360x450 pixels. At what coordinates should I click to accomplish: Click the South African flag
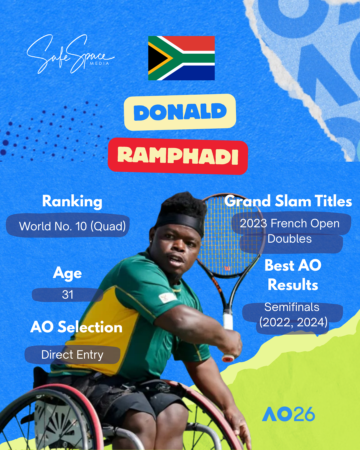pyautogui.click(x=181, y=58)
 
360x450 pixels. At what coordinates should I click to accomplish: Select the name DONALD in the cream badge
pyautogui.click(x=180, y=112)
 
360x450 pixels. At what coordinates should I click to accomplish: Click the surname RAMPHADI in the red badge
pyautogui.click(x=178, y=156)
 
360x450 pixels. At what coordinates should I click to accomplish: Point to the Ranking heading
pyautogui.click(x=72, y=201)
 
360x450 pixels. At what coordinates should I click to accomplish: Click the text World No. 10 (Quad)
pyautogui.click(x=72, y=226)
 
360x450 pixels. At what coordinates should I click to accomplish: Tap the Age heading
pyautogui.click(x=67, y=273)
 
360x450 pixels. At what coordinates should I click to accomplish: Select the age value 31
pyautogui.click(x=68, y=295)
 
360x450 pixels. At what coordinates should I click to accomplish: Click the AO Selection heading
pyautogui.click(x=76, y=327)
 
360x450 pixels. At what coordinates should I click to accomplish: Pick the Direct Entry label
pyautogui.click(x=72, y=355)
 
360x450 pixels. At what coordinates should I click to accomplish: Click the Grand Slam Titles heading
pyautogui.click(x=288, y=201)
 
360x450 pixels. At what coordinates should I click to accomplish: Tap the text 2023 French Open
pyautogui.click(x=290, y=223)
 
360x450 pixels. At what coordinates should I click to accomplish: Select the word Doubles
pyautogui.click(x=290, y=239)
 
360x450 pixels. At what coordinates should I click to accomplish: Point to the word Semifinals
pyautogui.click(x=292, y=307)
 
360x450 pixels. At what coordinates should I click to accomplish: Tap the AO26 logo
pyautogui.click(x=288, y=414)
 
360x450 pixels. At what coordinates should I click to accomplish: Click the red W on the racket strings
pyautogui.click(x=227, y=268)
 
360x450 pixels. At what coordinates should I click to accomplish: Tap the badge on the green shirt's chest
pyautogui.click(x=167, y=297)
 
